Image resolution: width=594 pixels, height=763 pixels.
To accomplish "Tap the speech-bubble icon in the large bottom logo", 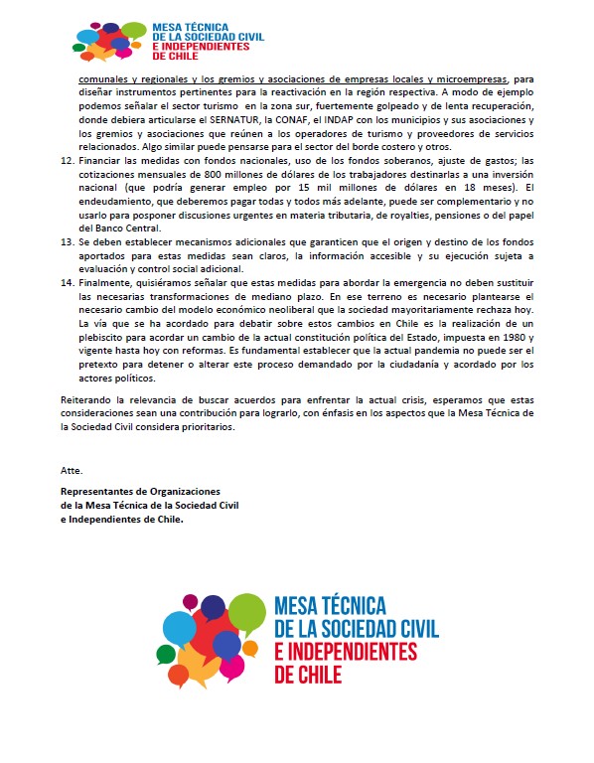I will pos(214,636).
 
